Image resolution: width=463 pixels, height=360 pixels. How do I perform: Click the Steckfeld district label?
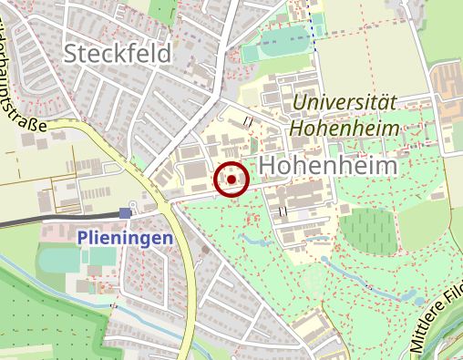118,54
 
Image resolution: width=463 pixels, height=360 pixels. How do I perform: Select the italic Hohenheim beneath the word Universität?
345,128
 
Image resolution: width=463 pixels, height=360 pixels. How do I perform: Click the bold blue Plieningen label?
125,238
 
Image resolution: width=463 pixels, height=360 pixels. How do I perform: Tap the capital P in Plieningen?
83,238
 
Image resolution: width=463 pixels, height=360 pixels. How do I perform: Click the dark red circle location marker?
231,180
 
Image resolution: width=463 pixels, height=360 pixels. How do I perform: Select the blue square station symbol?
125,213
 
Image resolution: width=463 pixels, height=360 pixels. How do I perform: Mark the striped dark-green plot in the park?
368,231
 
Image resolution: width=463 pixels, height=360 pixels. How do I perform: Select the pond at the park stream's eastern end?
416,297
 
